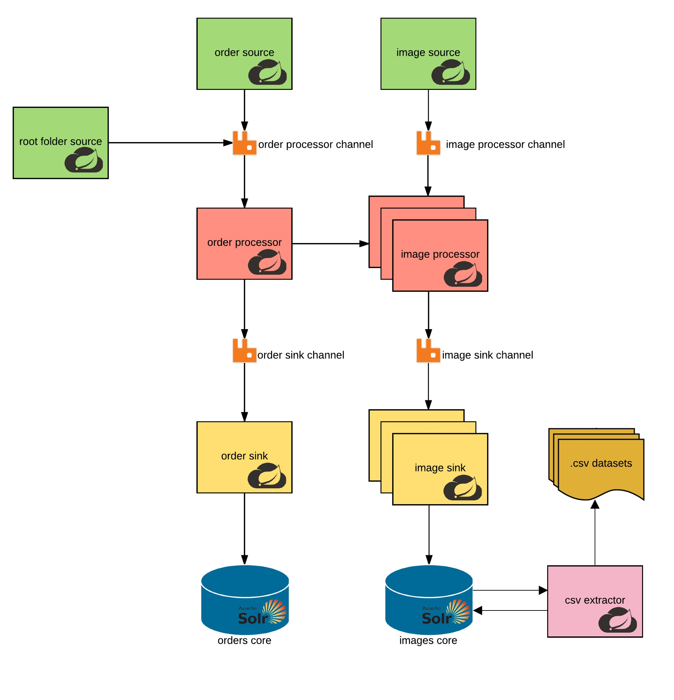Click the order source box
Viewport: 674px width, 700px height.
coord(244,54)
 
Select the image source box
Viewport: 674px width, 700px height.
coord(428,54)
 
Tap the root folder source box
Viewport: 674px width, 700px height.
coord(61,142)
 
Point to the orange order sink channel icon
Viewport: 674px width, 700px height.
coord(244,351)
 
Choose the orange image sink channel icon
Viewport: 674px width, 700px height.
coord(428,351)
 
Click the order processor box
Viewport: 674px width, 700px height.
coord(244,244)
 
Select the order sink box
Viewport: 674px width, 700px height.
coord(244,457)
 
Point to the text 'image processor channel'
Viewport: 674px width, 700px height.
coord(505,144)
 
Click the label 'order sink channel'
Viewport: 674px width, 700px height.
coord(301,355)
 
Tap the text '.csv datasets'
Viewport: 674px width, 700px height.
coord(601,463)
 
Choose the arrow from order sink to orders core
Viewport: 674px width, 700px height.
coord(244,529)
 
